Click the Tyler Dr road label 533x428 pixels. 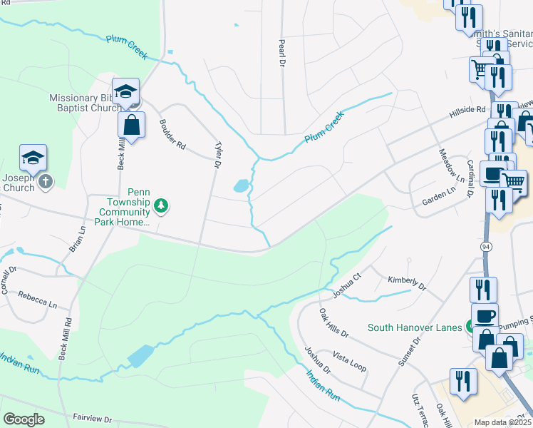coord(218,154)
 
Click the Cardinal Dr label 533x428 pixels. coord(470,179)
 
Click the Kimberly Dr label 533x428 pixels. coord(406,282)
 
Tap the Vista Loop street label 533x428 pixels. coord(349,360)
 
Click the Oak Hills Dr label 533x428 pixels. coord(333,323)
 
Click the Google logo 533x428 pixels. coord(24,419)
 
